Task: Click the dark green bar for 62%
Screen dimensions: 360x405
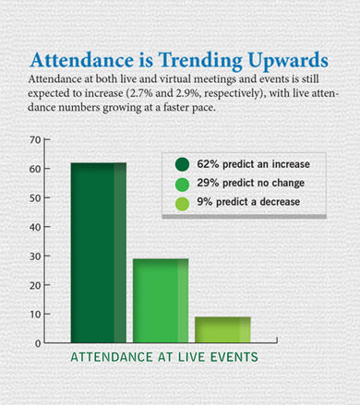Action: [99, 253]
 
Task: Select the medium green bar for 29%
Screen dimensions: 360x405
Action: [161, 301]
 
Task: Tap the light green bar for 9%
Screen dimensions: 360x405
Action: [222, 329]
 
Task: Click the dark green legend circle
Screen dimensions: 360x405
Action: [182, 164]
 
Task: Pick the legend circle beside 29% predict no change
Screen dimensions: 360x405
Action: [182, 184]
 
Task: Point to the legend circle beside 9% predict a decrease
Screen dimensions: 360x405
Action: [182, 204]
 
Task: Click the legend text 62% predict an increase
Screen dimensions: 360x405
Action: [253, 164]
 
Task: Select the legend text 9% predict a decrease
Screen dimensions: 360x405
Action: [248, 202]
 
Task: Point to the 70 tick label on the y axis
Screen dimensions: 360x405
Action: [35, 140]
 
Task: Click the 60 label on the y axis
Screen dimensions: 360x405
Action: [35, 169]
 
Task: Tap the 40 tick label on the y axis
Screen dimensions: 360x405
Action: [35, 227]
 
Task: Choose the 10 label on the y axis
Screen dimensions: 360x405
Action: [35, 315]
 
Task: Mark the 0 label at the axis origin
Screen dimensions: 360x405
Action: [38, 343]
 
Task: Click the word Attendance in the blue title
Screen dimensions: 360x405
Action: [82, 60]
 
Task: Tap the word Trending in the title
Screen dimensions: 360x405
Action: [200, 61]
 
